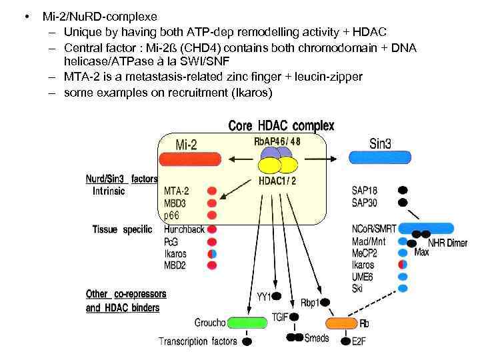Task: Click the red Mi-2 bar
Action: click(188, 159)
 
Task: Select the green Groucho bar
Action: click(247, 323)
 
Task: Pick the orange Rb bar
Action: click(341, 323)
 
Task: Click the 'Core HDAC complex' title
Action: click(281, 125)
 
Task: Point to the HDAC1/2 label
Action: click(277, 181)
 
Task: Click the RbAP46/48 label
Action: click(277, 141)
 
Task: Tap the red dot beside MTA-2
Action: click(212, 191)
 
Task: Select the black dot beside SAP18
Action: click(402, 189)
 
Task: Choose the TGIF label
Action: click(280, 318)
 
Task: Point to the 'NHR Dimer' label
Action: click(447, 243)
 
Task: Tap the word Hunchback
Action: click(184, 229)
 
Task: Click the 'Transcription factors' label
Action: click(197, 341)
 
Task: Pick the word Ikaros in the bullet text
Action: click(248, 93)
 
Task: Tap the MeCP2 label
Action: click(364, 253)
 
